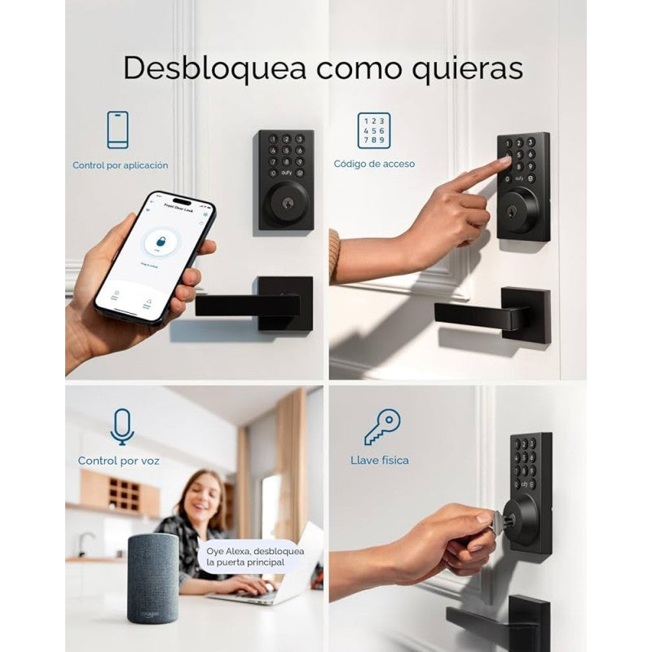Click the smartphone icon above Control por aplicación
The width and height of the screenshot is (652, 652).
tap(118, 129)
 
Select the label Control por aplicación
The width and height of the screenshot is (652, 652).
tap(121, 165)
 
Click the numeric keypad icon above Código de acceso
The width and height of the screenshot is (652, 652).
tap(373, 130)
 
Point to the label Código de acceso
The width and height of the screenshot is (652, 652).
tap(374, 165)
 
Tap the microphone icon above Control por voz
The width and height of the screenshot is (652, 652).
tap(121, 427)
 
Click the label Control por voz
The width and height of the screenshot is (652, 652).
tap(119, 461)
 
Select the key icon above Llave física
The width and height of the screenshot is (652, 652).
tap(381, 426)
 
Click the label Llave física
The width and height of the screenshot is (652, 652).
tap(380, 460)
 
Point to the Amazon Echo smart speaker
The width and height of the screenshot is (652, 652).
tap(152, 578)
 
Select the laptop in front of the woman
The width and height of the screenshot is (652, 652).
tap(281, 570)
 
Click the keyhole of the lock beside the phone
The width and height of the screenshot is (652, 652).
tap(286, 200)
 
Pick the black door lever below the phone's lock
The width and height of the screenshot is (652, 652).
tap(253, 306)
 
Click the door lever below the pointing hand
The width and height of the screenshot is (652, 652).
tap(489, 314)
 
